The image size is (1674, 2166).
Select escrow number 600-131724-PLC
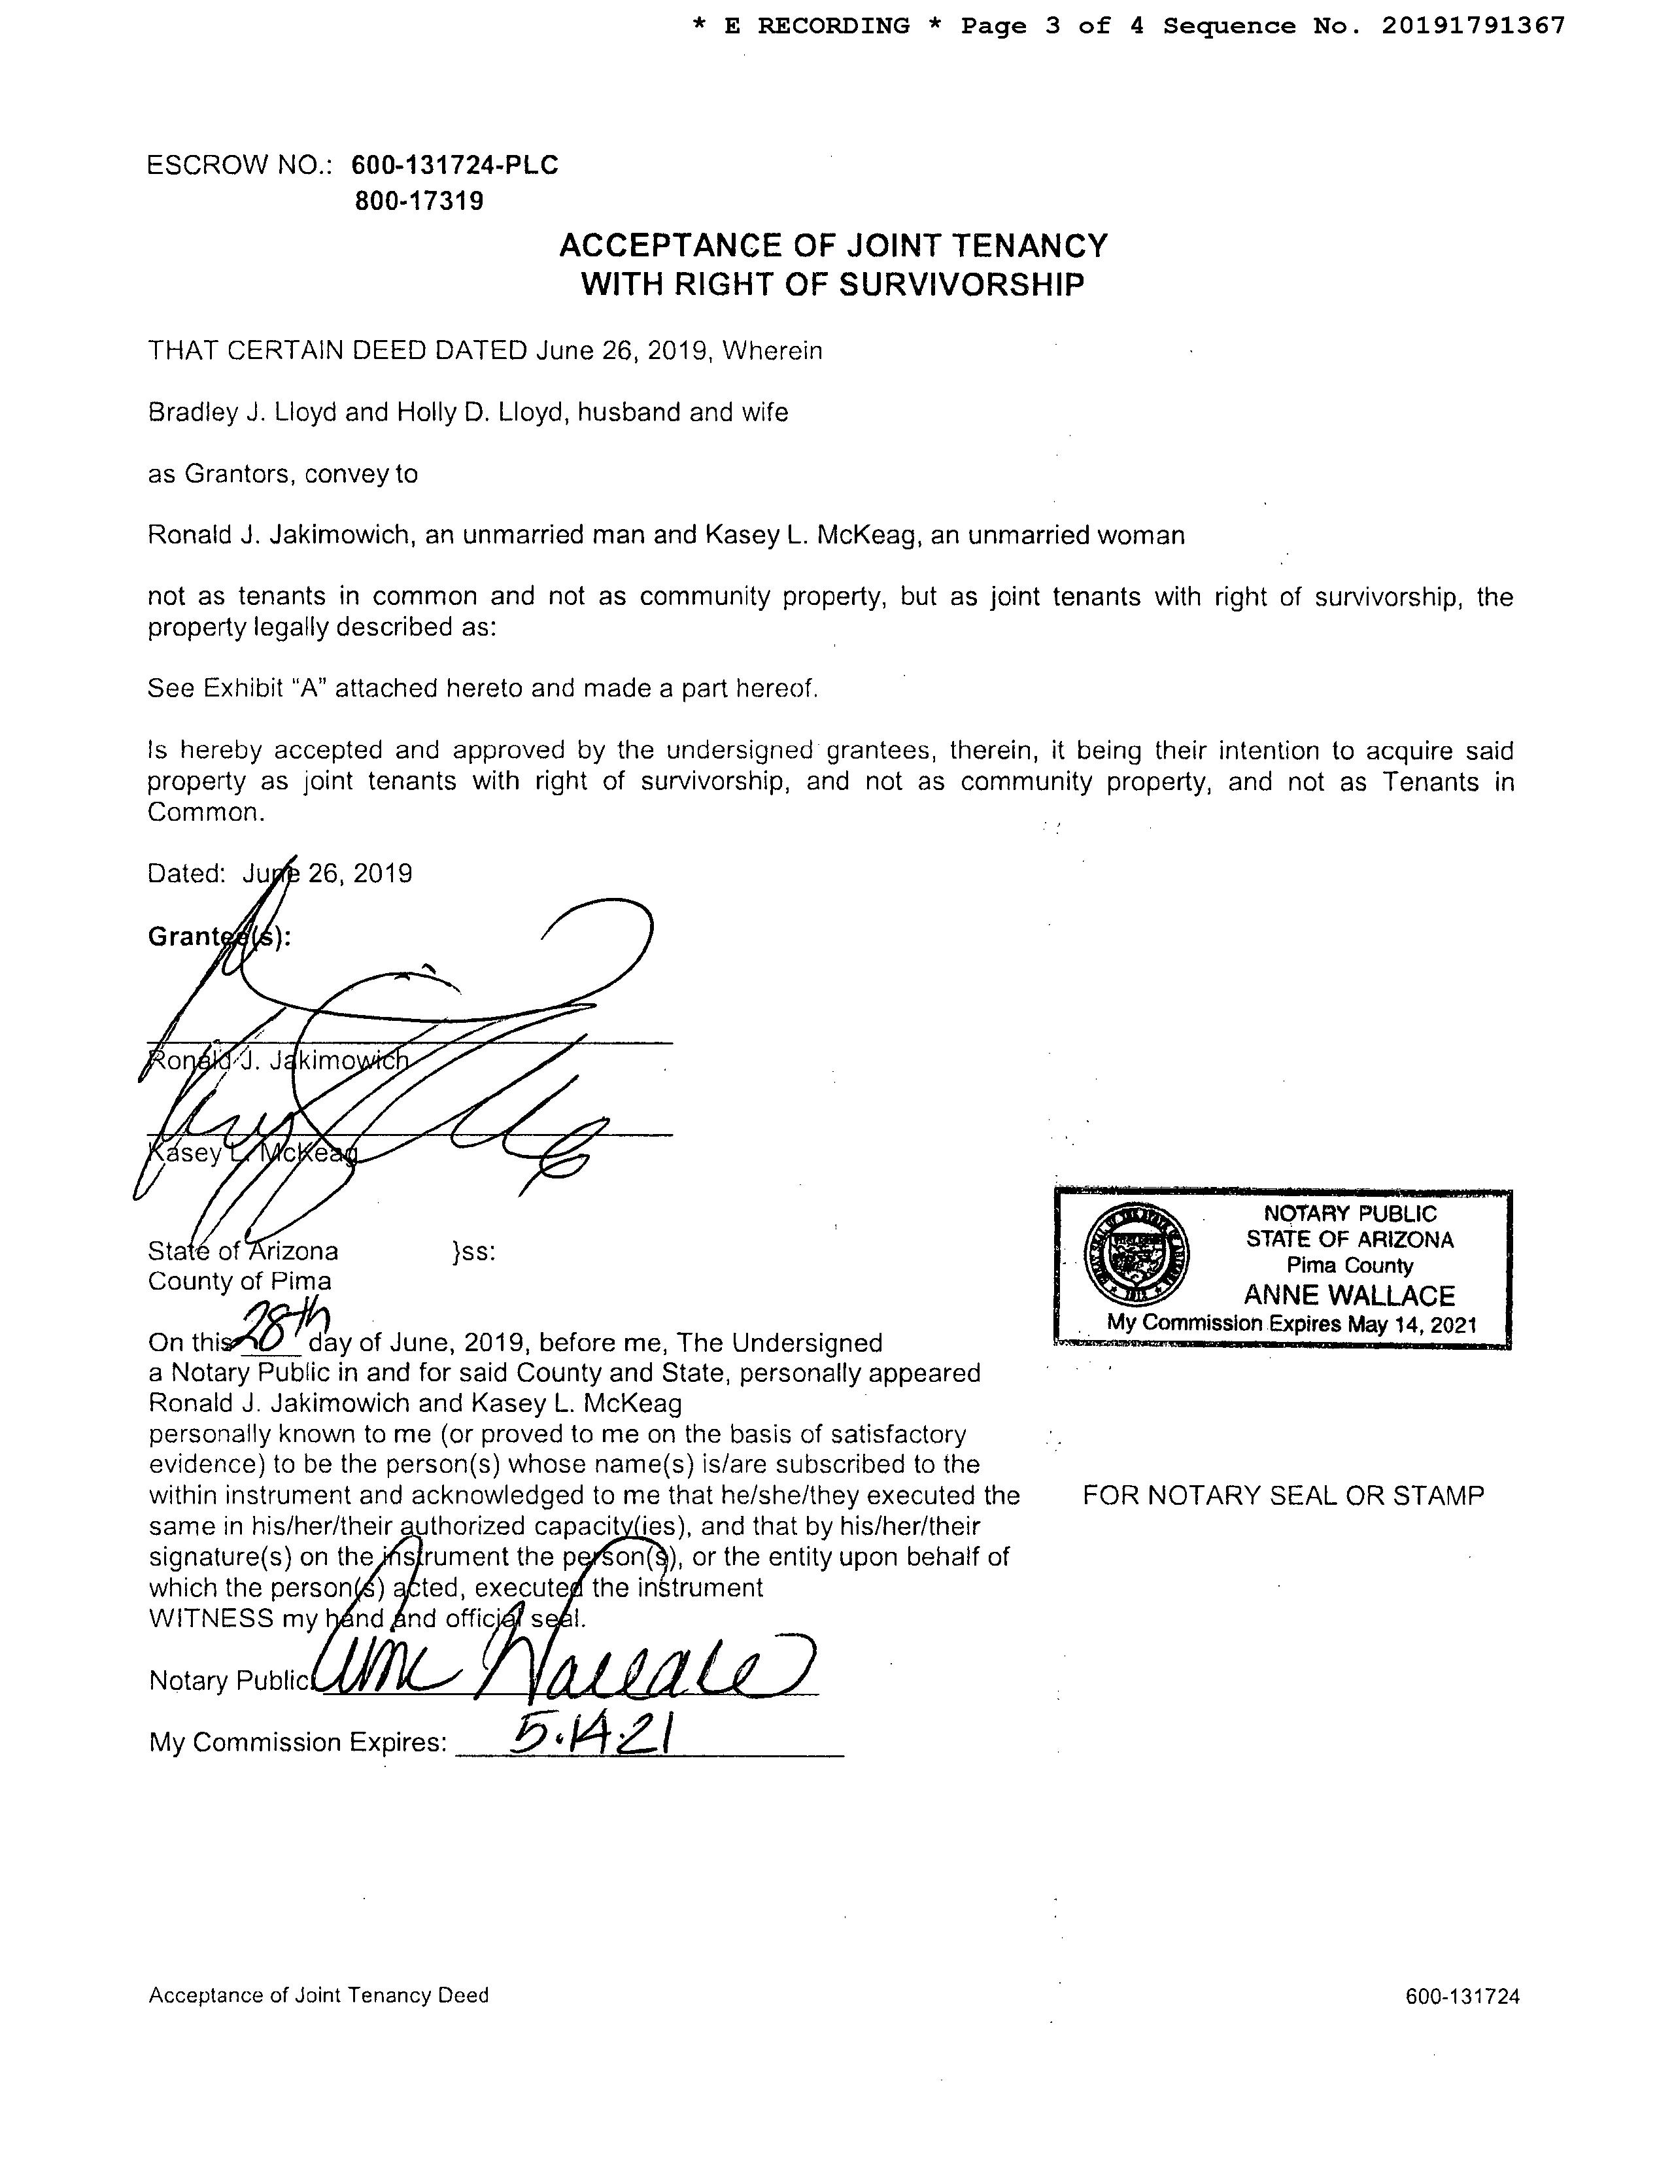pyautogui.click(x=454, y=165)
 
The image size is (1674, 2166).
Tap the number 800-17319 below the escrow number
pyautogui.click(x=420, y=201)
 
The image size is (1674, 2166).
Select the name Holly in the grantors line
pyautogui.click(x=426, y=413)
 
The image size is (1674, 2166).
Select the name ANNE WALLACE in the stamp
pyautogui.click(x=1349, y=1296)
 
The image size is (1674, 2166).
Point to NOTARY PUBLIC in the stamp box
pyautogui.click(x=1349, y=1213)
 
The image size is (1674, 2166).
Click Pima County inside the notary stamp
pyautogui.click(x=1349, y=1265)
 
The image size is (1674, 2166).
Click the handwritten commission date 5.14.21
pyautogui.click(x=592, y=1736)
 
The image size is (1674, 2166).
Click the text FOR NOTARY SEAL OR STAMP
pyautogui.click(x=1283, y=1496)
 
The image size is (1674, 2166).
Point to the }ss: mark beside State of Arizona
pyautogui.click(x=473, y=1252)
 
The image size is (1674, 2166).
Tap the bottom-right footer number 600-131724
pyautogui.click(x=1461, y=1997)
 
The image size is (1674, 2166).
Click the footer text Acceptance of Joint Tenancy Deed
pyautogui.click(x=318, y=1995)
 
